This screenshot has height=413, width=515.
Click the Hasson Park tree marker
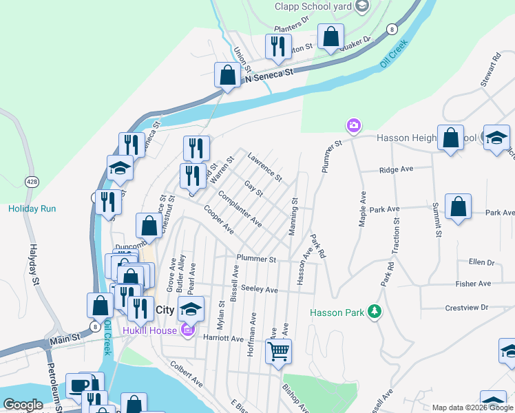coord(374,312)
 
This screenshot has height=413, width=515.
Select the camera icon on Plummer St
coord(353,125)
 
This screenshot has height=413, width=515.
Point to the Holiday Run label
coord(32,209)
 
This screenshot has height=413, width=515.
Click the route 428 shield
coord(32,181)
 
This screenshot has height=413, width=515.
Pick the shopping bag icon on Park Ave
coord(458,207)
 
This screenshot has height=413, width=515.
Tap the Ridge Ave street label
coord(396,169)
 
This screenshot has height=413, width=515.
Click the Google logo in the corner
coord(23,405)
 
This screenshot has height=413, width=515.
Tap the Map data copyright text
coord(472,407)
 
